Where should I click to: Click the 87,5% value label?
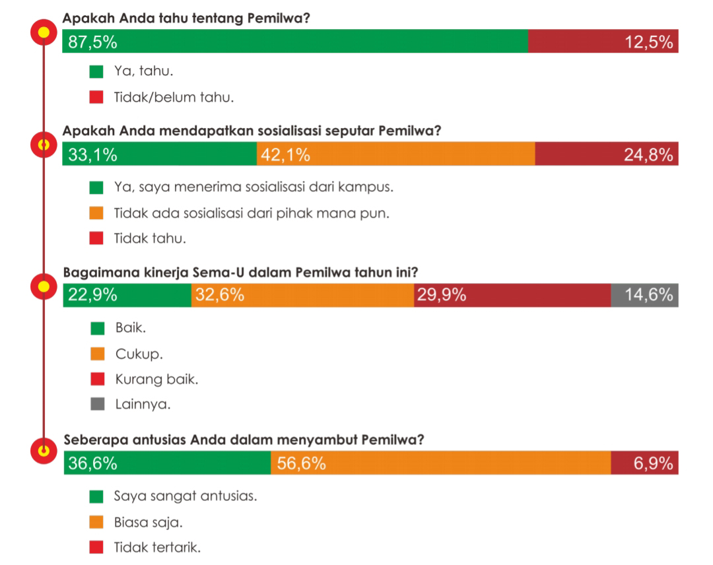(93, 43)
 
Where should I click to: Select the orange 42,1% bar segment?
(396, 155)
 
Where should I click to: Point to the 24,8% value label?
(649, 155)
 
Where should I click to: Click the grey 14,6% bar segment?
(644, 295)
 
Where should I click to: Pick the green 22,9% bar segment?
(127, 295)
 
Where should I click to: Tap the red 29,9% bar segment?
(512, 295)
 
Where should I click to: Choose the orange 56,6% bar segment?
(440, 463)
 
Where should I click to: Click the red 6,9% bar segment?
(644, 463)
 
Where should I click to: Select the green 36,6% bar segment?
(167, 463)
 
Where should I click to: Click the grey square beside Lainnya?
(97, 405)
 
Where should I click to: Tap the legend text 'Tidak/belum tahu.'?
(174, 98)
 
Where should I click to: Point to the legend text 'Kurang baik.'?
(156, 380)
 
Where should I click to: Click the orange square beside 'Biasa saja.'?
(97, 522)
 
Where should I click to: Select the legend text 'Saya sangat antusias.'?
(186, 496)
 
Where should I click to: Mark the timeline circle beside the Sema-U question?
(44, 287)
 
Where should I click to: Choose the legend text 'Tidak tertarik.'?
(157, 547)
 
